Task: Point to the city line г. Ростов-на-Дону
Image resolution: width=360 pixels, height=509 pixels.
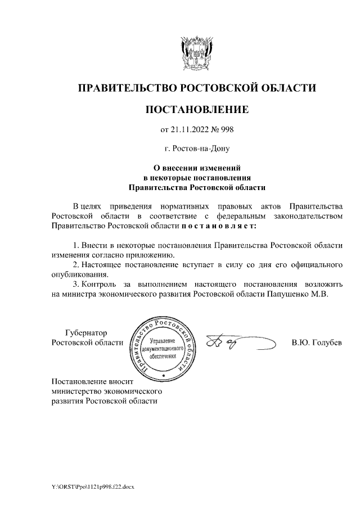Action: pos(197,149)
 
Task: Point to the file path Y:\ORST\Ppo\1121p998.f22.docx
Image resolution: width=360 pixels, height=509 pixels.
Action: pos(93,485)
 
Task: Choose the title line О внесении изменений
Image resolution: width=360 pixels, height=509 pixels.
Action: pos(197,168)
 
